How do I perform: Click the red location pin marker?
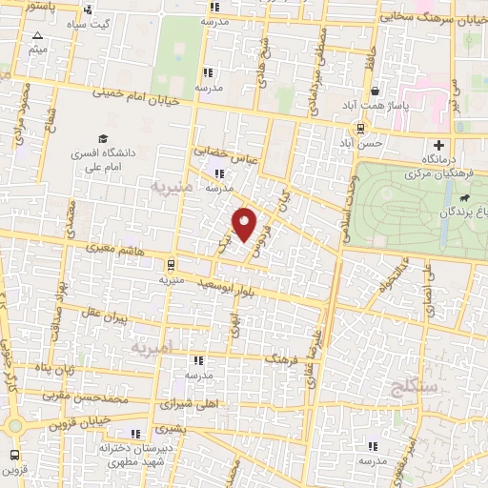(245, 223)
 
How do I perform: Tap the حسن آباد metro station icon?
(359, 127)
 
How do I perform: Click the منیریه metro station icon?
(170, 265)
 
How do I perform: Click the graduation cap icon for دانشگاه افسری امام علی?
(103, 138)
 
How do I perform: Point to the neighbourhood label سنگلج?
(413, 386)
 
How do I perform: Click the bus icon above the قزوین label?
(14, 455)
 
